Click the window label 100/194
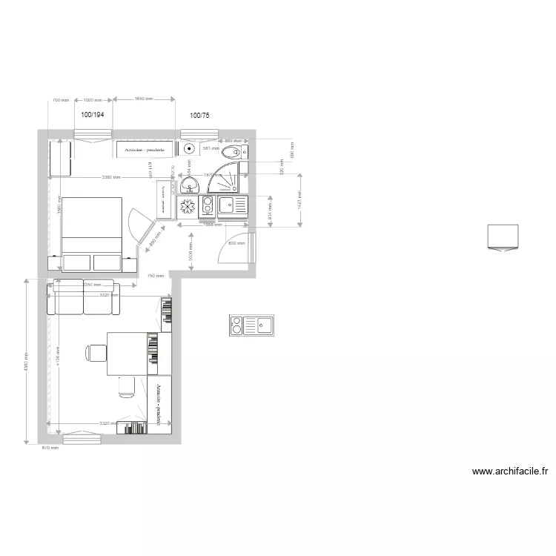pos(93,115)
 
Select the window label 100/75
pos(199,115)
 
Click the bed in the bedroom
pos(91,225)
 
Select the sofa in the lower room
pos(81,297)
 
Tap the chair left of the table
pos(96,353)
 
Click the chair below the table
pos(126,386)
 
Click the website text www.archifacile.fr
pos(510,471)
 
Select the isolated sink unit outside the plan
pos(251,325)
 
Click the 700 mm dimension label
pos(60,99)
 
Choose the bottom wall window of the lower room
pos(82,439)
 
